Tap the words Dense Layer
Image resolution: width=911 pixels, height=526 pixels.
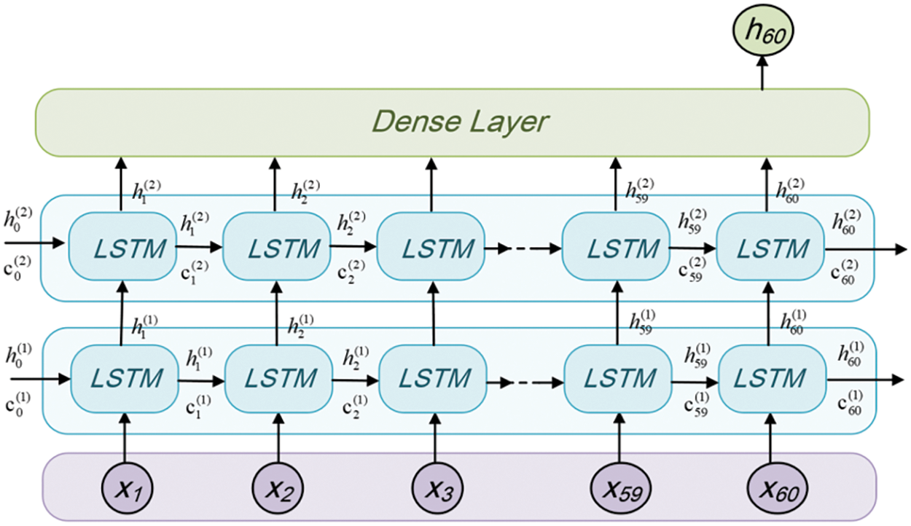pyautogui.click(x=459, y=122)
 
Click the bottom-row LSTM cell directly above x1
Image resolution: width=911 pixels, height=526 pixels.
pyautogui.click(x=124, y=379)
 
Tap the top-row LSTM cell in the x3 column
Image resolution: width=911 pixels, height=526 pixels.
pyautogui.click(x=431, y=249)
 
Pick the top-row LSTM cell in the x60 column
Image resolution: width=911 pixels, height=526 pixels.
pyautogui.click(x=771, y=249)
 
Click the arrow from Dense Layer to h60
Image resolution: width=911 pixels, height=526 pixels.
pyautogui.click(x=762, y=74)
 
